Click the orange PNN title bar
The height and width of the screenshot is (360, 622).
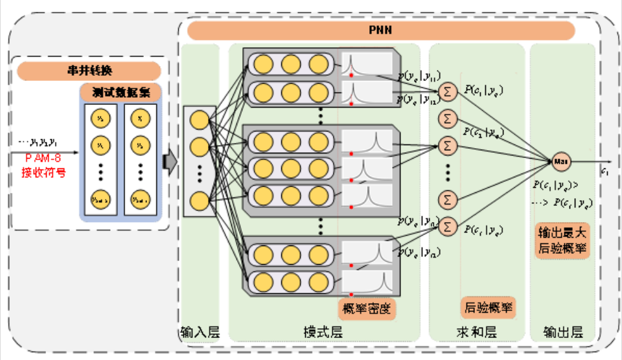pyautogui.click(x=381, y=30)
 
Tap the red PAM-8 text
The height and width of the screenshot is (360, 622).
pyautogui.click(x=43, y=160)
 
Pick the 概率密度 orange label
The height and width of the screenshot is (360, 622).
pyautogui.click(x=366, y=308)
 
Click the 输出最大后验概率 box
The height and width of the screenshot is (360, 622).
pyautogui.click(x=560, y=241)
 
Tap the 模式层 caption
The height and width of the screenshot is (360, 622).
pyautogui.click(x=323, y=333)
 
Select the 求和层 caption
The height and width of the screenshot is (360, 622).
pyautogui.click(x=477, y=333)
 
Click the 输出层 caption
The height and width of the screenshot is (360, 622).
pyautogui.click(x=562, y=333)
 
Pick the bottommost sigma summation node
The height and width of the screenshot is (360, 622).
pyautogui.click(x=446, y=227)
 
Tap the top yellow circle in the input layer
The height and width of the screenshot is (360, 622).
pyautogui.click(x=200, y=120)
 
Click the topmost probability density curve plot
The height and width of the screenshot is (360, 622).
pyautogui.click(x=367, y=63)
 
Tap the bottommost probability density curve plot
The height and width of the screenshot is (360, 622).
pyautogui.click(x=367, y=282)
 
